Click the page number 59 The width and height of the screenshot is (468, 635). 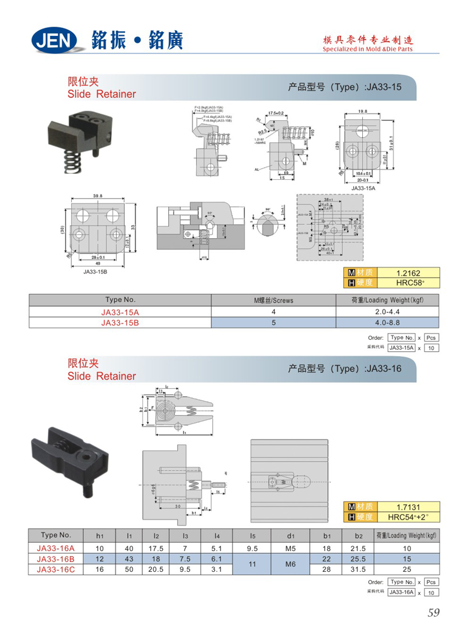click(x=433, y=613)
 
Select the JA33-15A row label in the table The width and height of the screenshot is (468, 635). click(x=120, y=312)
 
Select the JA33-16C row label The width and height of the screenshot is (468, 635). click(x=56, y=569)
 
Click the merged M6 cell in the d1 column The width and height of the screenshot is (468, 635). click(x=291, y=564)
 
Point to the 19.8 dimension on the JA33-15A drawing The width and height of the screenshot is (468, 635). click(x=363, y=111)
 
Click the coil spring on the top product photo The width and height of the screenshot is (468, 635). click(x=72, y=160)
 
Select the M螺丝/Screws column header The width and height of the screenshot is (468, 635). click(x=273, y=300)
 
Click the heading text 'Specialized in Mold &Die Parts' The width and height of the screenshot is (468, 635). click(x=368, y=49)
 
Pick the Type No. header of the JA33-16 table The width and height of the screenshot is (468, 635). click(x=56, y=535)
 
